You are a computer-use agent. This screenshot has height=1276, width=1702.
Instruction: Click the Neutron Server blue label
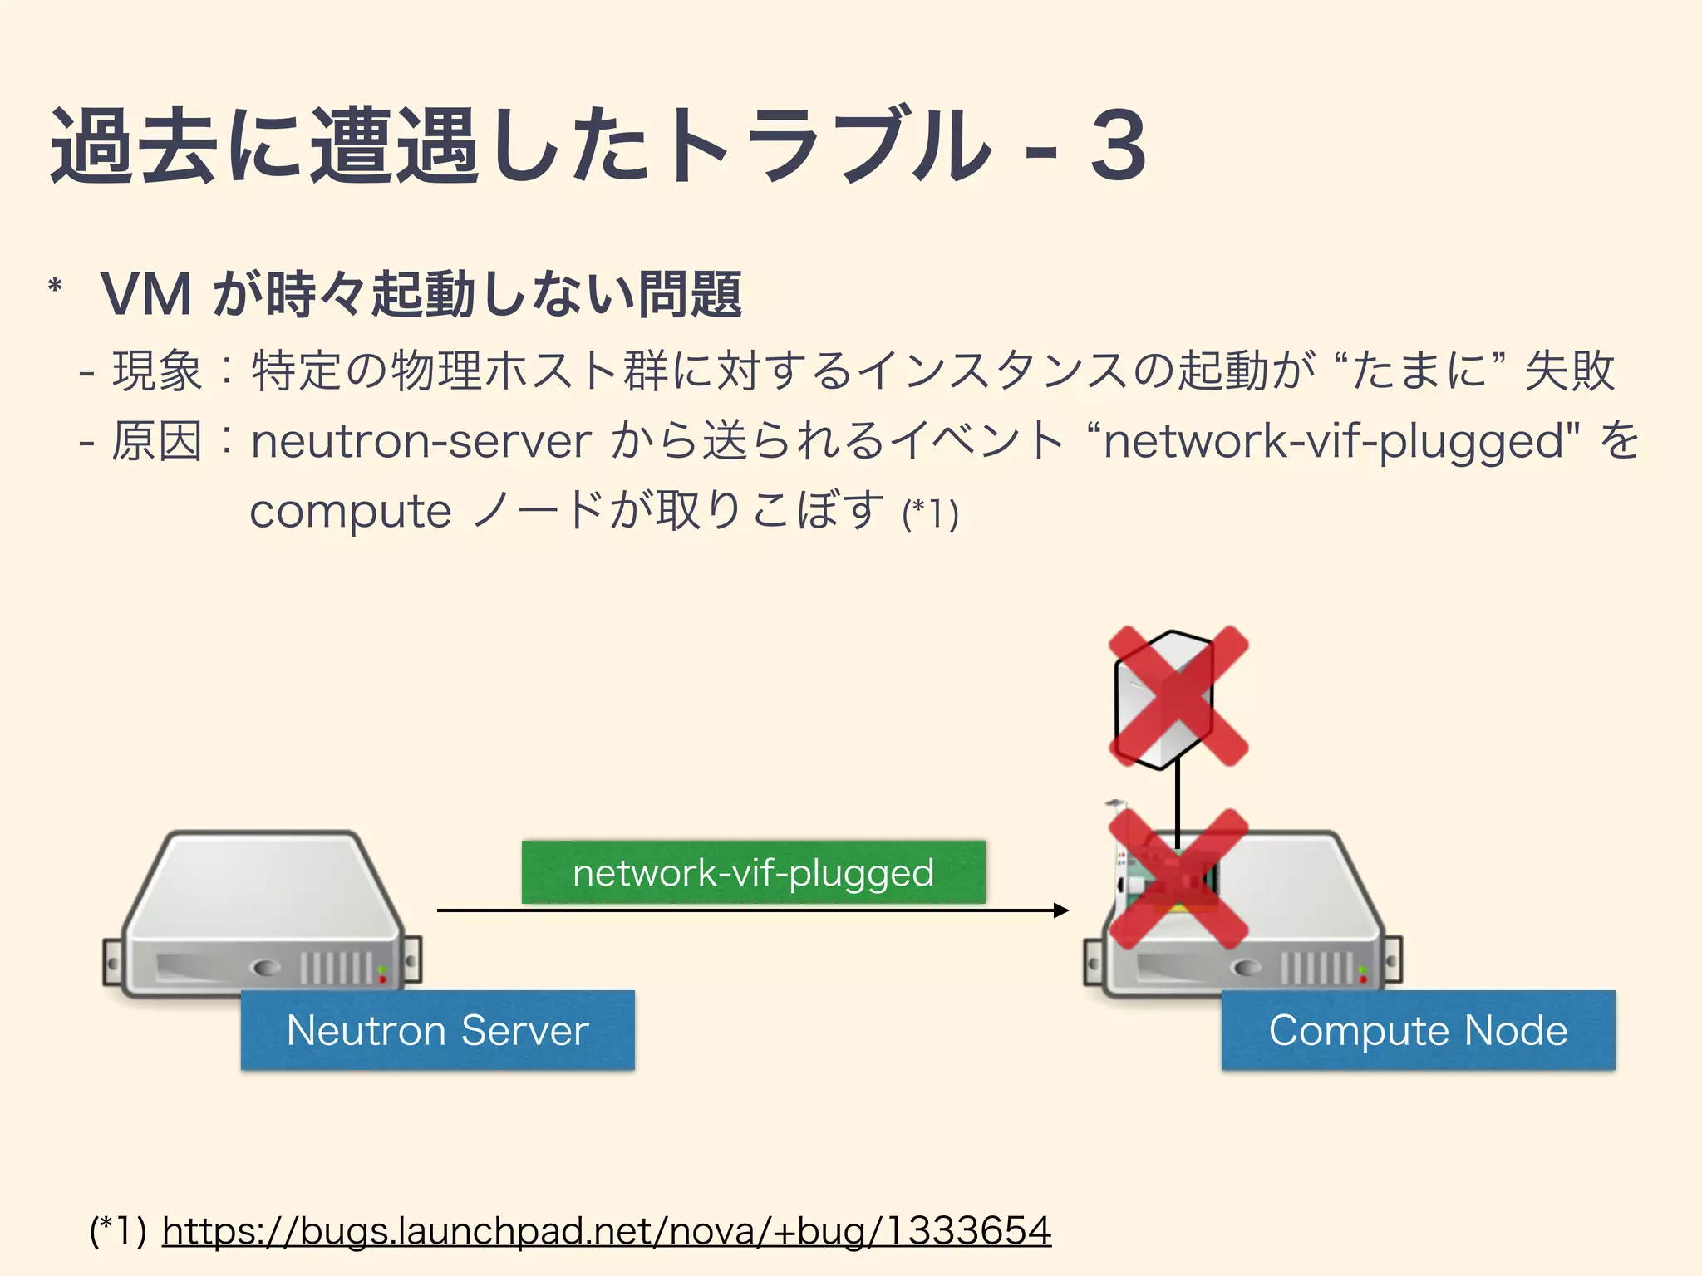437,1030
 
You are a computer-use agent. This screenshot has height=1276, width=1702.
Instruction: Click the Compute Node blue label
1418,1030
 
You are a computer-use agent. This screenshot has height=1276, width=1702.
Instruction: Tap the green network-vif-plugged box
753,872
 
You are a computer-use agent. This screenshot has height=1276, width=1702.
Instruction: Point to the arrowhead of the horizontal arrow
1062,910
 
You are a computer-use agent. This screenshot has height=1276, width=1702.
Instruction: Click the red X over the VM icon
1178,696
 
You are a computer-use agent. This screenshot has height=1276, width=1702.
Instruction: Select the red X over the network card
1178,879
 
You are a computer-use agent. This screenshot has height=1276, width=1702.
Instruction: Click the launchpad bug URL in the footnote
607,1230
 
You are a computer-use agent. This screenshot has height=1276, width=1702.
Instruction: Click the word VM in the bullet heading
146,294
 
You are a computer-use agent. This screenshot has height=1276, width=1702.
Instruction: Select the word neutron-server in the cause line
421,441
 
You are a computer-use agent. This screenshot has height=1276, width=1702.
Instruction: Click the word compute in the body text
350,511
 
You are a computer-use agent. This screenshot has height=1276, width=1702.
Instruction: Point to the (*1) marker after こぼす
931,513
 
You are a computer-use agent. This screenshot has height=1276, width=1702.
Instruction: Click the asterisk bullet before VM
56,287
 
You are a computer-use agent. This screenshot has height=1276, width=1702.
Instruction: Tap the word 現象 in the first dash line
156,371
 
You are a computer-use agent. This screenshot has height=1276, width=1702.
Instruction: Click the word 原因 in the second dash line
156,441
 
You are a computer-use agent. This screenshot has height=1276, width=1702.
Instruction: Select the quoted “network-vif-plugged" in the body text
1338,441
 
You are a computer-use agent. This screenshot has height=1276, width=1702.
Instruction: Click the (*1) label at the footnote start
118,1230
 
